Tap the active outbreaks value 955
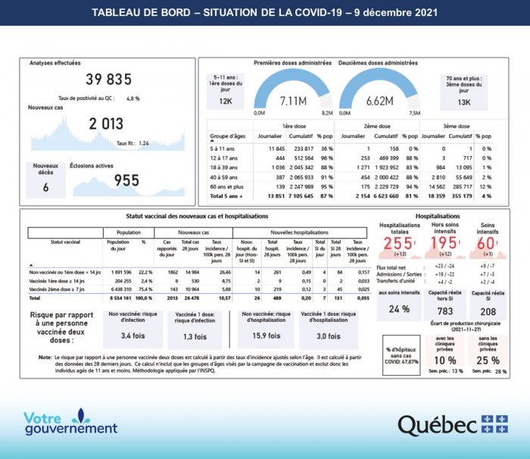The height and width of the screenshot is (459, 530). (117, 180)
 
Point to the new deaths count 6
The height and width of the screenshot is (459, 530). (45, 187)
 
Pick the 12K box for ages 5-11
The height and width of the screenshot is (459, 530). (226, 101)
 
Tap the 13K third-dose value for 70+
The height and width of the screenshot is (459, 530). (464, 101)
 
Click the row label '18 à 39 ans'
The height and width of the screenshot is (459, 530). (225, 166)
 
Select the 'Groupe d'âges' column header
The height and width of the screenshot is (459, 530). (229, 136)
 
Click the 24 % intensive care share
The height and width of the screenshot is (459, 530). (398, 308)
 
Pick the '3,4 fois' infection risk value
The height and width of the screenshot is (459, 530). (132, 336)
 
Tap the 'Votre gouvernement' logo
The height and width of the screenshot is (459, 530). (70, 423)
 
